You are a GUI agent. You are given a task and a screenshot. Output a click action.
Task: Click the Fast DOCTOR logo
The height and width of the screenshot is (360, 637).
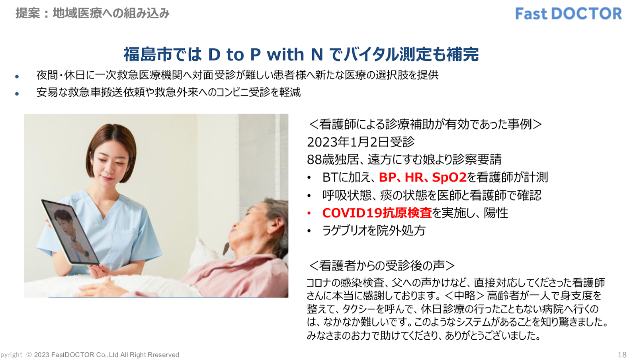point(568,14)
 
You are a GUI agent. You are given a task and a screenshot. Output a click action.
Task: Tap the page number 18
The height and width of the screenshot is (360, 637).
point(622,354)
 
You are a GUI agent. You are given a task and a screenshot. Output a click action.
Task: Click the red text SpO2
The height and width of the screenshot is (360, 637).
point(449,178)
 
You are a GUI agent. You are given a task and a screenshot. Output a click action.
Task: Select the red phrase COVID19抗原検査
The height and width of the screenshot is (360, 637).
point(377,213)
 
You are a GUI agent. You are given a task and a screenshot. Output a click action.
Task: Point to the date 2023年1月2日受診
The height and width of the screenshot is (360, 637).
point(361,142)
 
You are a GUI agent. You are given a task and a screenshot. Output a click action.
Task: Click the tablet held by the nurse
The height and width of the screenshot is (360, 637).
point(70,232)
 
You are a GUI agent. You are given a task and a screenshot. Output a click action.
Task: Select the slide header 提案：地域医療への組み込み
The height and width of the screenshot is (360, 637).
point(92,14)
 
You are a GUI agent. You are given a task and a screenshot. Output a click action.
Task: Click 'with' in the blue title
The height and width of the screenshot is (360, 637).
point(285,54)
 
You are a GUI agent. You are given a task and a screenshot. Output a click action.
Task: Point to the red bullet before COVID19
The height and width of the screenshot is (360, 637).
point(309,213)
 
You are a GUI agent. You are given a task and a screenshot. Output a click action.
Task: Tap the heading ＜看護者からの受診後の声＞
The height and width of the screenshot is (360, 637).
point(381,266)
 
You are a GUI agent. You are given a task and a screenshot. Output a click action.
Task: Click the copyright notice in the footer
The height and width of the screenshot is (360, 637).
point(90,355)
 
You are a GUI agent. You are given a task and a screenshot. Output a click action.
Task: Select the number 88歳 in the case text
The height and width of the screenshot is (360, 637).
point(320,160)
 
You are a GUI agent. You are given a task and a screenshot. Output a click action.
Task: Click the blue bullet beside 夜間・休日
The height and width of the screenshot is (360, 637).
point(17,76)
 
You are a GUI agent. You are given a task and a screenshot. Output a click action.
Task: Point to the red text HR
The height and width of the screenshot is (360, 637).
point(414,178)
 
